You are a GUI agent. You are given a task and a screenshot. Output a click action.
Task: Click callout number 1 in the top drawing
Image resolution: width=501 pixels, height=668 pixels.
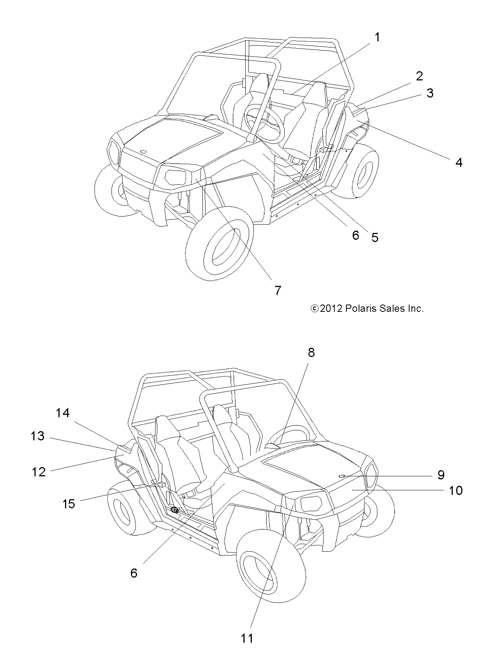377,37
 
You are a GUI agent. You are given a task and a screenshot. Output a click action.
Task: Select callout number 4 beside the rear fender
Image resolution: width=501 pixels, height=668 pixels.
459,163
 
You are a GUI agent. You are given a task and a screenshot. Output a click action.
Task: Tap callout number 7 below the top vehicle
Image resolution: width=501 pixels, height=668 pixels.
278,290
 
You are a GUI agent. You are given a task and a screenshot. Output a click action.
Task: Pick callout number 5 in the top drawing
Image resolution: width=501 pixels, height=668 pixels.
375,238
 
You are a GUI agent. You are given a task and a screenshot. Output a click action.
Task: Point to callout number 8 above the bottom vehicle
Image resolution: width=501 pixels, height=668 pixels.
311,352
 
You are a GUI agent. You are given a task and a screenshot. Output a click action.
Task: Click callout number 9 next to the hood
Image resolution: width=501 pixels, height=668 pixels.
441,475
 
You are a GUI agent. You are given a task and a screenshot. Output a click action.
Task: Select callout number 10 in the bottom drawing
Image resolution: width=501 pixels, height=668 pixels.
455,490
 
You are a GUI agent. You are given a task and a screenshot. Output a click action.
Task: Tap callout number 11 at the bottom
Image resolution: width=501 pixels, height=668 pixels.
247,638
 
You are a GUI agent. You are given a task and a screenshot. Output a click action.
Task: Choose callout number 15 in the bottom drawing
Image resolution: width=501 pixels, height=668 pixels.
69,504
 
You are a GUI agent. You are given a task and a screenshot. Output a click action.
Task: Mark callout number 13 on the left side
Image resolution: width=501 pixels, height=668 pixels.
38,436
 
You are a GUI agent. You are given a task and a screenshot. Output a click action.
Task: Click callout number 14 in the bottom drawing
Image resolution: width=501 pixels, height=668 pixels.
63,413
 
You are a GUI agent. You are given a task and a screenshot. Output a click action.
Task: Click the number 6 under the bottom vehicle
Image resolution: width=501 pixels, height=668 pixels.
134,573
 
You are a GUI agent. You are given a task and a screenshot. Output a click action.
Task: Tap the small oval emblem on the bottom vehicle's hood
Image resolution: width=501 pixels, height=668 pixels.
343,476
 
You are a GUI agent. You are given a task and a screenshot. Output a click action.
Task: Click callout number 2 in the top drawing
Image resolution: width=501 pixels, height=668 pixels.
419,76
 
